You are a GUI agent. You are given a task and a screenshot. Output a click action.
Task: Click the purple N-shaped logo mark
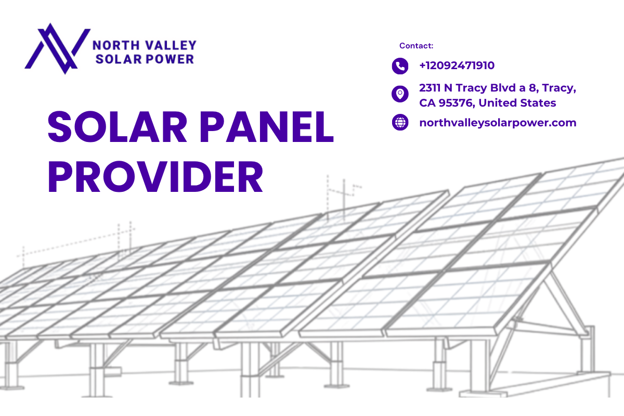[58, 49]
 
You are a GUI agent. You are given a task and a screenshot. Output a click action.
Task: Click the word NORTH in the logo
[116, 45]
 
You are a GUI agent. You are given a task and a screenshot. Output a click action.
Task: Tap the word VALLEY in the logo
[171, 45]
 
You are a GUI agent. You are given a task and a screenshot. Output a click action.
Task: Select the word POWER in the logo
[170, 59]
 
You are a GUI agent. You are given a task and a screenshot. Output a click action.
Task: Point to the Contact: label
[416, 46]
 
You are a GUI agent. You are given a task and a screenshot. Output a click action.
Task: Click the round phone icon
[400, 66]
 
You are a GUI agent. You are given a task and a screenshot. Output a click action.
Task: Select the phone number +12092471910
[457, 66]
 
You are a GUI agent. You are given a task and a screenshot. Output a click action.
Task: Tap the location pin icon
[400, 94]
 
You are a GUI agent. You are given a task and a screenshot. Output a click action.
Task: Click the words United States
[517, 103]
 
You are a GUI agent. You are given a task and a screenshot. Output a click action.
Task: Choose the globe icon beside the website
[400, 122]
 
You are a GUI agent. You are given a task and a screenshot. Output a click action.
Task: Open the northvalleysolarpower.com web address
[498, 123]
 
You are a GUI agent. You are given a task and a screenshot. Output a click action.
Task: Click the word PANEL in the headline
[267, 127]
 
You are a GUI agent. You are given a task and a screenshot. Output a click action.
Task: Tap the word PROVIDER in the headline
[155, 177]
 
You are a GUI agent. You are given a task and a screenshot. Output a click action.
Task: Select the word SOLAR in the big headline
[118, 127]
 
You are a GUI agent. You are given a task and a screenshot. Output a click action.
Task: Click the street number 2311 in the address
[430, 88]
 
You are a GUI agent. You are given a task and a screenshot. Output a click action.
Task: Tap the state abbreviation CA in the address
[427, 103]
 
